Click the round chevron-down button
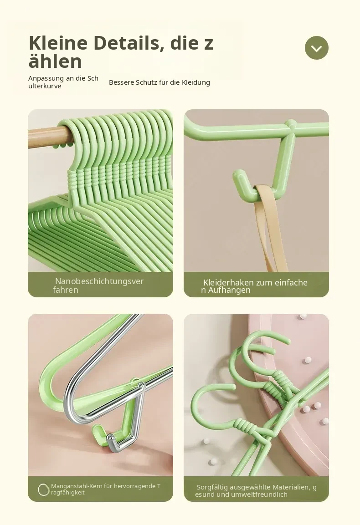tap(316, 48)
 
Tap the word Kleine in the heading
tap(58, 43)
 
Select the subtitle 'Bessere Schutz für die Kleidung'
tap(159, 82)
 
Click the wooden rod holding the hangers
tap(50, 137)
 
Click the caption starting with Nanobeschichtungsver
tap(98, 285)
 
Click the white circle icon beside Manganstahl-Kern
tap(44, 490)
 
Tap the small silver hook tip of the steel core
tap(111, 439)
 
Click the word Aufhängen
tap(229, 290)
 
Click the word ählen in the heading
tap(55, 61)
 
